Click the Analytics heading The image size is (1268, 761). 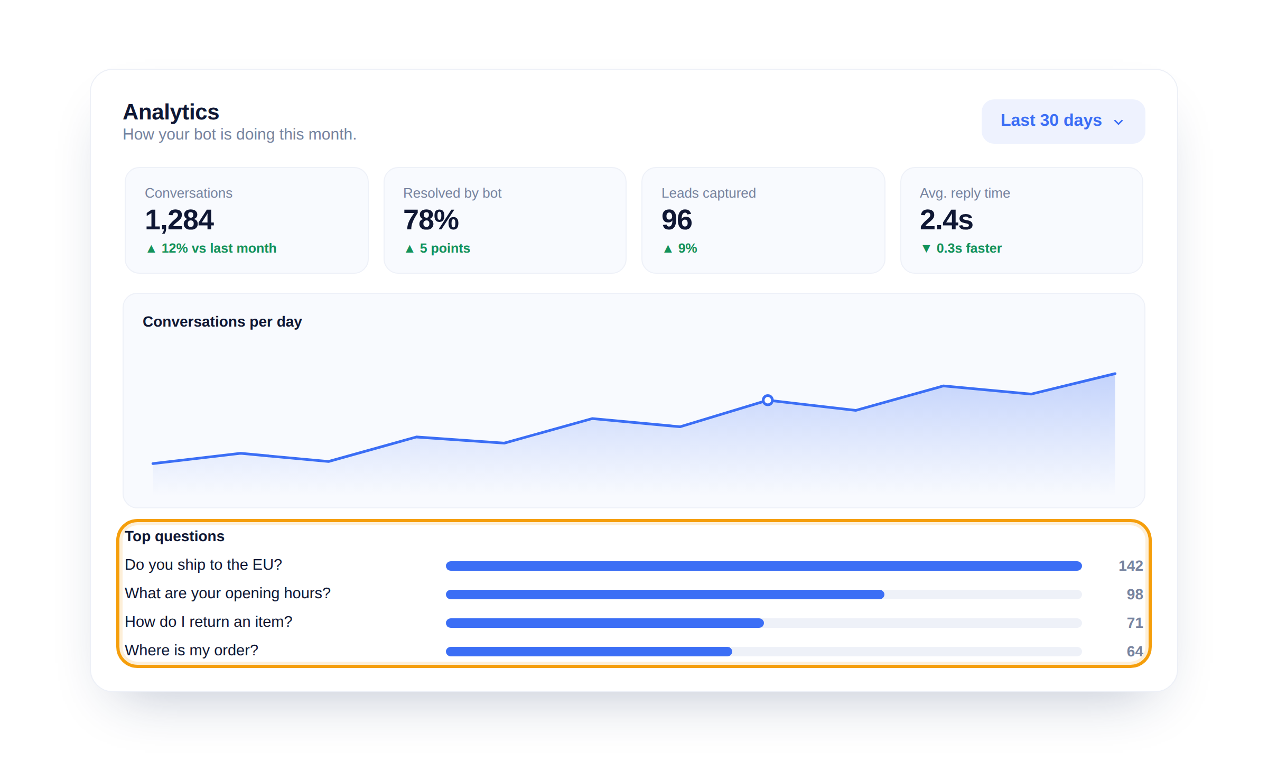(x=171, y=112)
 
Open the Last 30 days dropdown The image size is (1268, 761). (x=1063, y=121)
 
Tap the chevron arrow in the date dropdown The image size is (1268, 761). (x=1118, y=122)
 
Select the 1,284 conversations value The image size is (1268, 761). (x=179, y=220)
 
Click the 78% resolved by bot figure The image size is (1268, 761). (x=431, y=220)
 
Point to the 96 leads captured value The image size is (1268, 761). (x=677, y=220)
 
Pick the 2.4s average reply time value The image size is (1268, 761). (x=946, y=220)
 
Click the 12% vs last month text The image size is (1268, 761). (x=219, y=248)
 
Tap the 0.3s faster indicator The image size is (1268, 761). (x=969, y=248)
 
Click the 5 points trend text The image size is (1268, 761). (x=445, y=248)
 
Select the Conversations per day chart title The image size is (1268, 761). (x=222, y=322)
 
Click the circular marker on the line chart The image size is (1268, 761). (x=768, y=400)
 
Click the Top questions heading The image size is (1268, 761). (x=175, y=536)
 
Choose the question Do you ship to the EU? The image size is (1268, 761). (x=203, y=565)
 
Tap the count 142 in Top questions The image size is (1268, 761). (x=1131, y=566)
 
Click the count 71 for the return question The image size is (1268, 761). (x=1135, y=623)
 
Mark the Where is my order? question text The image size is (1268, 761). (x=192, y=651)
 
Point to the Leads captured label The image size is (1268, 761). (x=708, y=193)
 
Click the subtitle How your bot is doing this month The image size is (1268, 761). (x=240, y=134)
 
